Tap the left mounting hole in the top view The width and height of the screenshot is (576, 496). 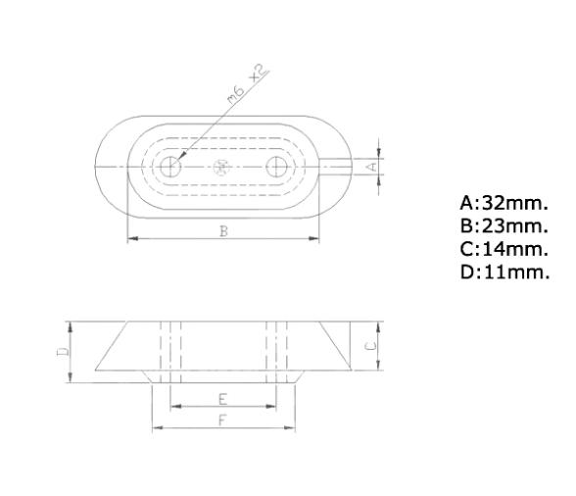(x=171, y=168)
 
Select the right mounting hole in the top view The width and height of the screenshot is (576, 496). (x=277, y=168)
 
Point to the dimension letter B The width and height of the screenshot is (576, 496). (x=223, y=231)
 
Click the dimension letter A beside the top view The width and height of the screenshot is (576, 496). (x=371, y=168)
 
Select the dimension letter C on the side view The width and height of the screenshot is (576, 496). (x=371, y=346)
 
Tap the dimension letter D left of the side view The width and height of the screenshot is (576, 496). (x=61, y=347)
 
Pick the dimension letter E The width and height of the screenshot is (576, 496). (x=222, y=399)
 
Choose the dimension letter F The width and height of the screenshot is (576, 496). (x=222, y=420)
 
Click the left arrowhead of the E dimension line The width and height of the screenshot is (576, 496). (x=173, y=407)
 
